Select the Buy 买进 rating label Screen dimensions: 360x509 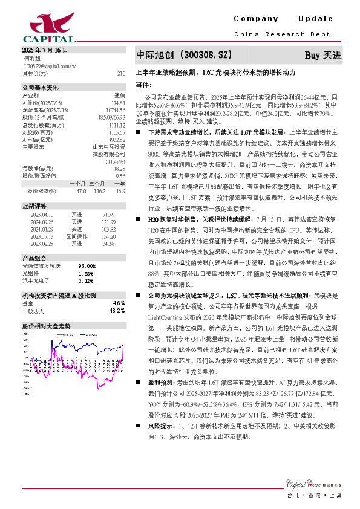click(x=322, y=55)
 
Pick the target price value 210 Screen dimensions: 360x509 click(x=120, y=73)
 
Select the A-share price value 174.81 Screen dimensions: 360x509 click(x=119, y=103)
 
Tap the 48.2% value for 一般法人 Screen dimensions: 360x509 click(x=117, y=310)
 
